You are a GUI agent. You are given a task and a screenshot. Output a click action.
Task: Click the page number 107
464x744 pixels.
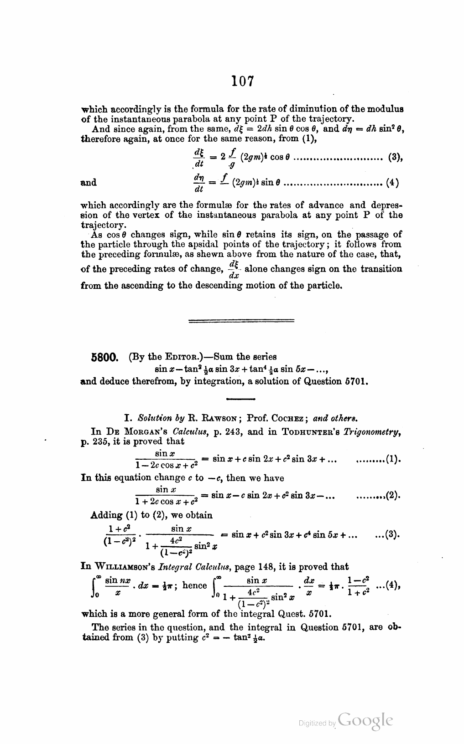[242, 81]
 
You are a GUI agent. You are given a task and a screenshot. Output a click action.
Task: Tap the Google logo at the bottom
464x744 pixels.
[366, 720]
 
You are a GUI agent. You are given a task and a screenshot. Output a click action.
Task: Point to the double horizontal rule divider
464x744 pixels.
[241, 322]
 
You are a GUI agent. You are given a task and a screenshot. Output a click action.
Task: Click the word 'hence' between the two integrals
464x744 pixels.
[195, 585]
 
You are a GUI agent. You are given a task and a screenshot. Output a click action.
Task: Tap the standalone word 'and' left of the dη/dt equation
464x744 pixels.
[89, 183]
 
